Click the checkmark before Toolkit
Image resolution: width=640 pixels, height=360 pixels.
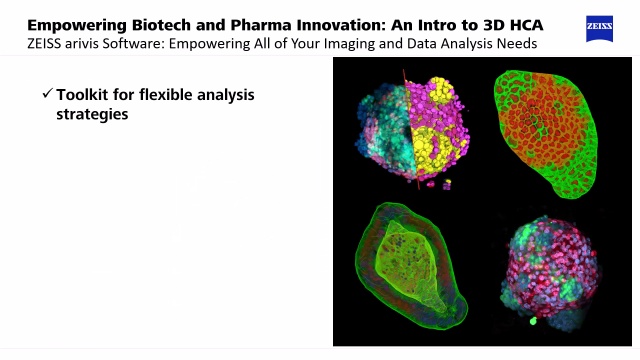pos(46,94)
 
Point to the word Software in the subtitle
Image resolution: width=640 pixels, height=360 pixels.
pos(154,44)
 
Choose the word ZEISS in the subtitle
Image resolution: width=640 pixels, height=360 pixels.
pos(48,44)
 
